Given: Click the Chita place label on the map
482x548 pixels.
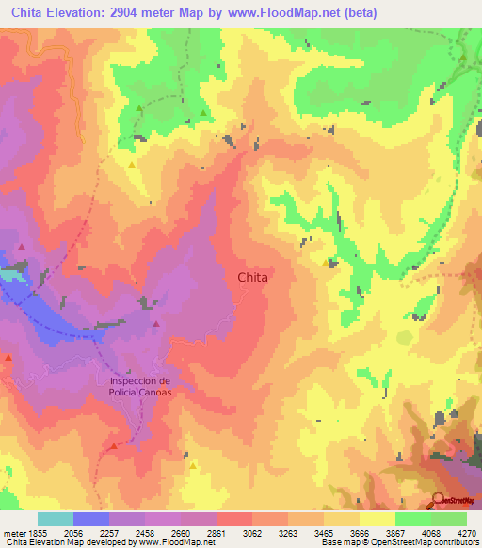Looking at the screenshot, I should click(252, 278).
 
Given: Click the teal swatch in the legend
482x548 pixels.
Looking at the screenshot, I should click(56, 519).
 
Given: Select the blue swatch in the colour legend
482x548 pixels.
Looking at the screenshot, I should click(91, 519).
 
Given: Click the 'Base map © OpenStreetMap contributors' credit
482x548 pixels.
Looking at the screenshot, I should click(399, 542).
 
